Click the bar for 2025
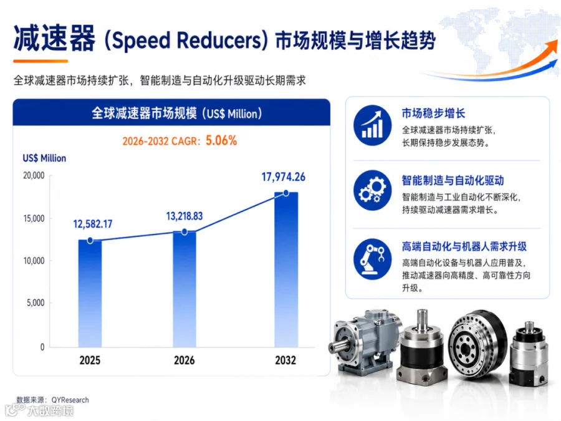(x=90, y=294)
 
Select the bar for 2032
(x=286, y=269)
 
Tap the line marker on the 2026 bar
(x=185, y=232)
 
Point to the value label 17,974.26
(x=284, y=177)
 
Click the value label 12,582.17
(x=93, y=224)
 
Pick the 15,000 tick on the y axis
(x=34, y=218)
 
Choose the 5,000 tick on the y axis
(x=36, y=303)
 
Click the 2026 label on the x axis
(x=185, y=360)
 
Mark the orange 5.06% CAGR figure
(x=221, y=140)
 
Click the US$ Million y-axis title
(x=44, y=158)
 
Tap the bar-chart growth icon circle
(x=373, y=125)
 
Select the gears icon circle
(x=373, y=190)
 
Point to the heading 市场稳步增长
(x=433, y=113)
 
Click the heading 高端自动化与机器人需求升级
(x=464, y=246)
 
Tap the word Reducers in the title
(x=219, y=40)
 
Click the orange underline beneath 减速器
(x=41, y=61)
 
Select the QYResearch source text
(x=70, y=400)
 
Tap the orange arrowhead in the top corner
(x=552, y=47)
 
